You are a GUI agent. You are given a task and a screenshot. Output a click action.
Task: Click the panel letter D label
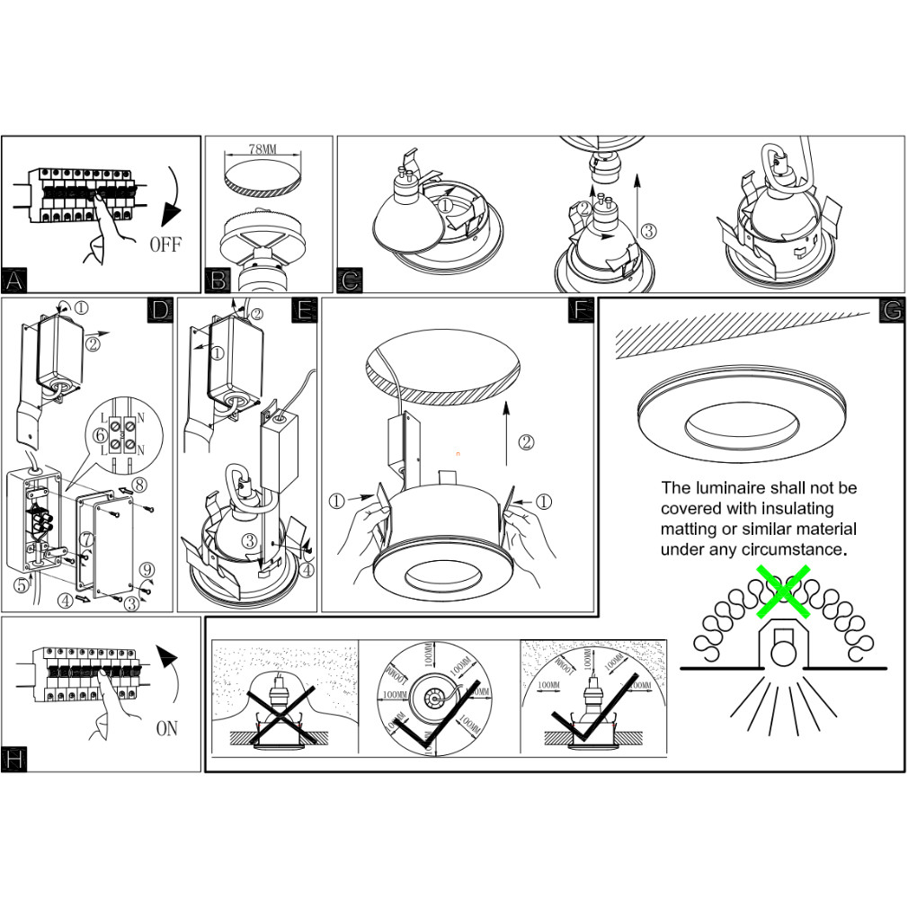159,311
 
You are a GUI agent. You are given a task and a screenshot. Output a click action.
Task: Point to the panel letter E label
306,311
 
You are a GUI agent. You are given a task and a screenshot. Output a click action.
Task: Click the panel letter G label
891,311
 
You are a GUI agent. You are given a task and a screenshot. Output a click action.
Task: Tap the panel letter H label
13,759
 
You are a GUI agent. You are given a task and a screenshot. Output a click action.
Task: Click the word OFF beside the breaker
165,245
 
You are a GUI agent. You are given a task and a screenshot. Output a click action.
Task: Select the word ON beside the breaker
166,728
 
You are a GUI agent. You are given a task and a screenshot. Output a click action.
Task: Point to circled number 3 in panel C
649,231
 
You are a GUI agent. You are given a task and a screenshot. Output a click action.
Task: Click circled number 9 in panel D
147,568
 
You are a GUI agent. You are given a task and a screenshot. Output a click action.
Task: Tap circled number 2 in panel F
527,441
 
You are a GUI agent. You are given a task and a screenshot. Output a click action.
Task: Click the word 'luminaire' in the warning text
729,488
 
